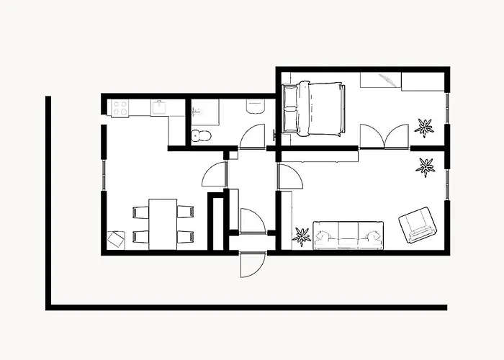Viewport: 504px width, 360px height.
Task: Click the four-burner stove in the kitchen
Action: (120, 108)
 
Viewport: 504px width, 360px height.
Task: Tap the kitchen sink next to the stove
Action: (159, 107)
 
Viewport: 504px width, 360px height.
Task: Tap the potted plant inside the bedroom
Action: (424, 127)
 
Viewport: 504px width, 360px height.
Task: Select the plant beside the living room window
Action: (426, 167)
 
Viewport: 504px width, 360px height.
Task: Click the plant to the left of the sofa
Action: (302, 236)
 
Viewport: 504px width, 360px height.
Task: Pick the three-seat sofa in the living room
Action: (348, 235)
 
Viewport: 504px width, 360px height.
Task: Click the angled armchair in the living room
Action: (418, 225)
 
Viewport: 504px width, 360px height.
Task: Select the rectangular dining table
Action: (163, 224)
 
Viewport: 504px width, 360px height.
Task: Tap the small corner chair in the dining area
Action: (116, 239)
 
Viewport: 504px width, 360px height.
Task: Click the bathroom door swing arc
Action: (253, 137)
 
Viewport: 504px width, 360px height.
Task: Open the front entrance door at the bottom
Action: (252, 264)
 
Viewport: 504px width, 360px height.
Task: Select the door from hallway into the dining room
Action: (215, 175)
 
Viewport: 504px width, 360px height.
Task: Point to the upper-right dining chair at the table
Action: (186, 212)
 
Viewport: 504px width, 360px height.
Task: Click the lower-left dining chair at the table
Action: (140, 236)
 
